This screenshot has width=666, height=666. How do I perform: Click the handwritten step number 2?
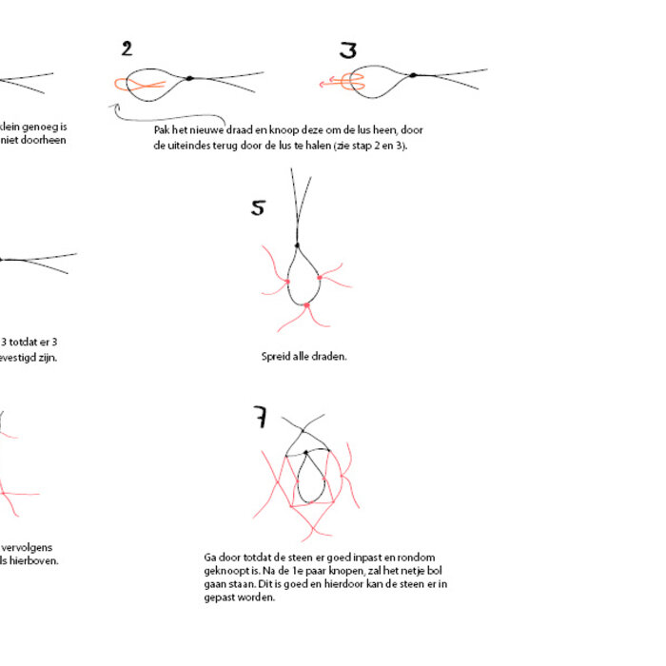click(x=127, y=49)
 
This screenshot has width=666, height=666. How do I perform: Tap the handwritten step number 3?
click(x=348, y=50)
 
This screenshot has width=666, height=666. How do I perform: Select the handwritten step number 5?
click(x=258, y=207)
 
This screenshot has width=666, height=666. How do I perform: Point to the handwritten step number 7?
click(x=260, y=417)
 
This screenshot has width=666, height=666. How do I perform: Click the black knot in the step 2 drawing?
click(x=189, y=78)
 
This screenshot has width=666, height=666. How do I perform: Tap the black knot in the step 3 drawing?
click(x=412, y=75)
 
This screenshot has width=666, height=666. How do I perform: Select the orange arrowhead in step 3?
click(x=323, y=84)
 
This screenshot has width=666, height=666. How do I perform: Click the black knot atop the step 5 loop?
click(x=298, y=245)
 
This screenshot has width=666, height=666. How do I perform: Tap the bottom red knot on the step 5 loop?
click(x=306, y=305)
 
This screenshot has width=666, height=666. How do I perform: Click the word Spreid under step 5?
click(x=277, y=356)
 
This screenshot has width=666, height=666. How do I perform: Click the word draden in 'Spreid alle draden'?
click(x=328, y=356)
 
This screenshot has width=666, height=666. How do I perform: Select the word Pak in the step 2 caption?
click(x=162, y=129)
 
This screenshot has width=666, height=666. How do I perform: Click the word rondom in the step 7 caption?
click(x=421, y=556)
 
